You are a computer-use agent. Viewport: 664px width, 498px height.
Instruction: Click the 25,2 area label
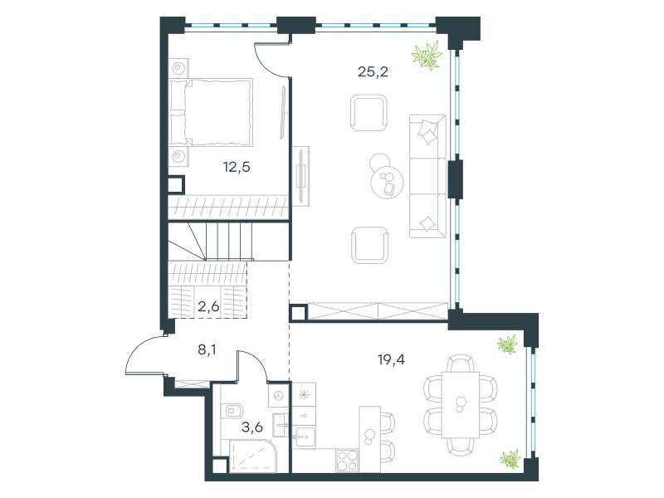[x=373, y=72]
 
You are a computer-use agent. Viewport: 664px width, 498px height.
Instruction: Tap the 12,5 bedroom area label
[x=237, y=168]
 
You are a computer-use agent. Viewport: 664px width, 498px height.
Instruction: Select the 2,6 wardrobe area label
[x=208, y=306]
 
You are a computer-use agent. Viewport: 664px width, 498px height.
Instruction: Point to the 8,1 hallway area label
[x=207, y=349]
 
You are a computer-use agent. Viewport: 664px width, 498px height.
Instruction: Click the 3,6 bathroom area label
[x=252, y=427]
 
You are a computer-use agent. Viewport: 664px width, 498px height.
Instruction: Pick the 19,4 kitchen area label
[x=391, y=360]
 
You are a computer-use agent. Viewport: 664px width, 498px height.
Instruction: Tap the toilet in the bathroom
[x=232, y=410]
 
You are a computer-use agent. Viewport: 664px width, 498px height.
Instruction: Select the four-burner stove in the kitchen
[x=347, y=461]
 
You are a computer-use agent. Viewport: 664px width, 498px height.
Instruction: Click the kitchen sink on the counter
[x=304, y=437]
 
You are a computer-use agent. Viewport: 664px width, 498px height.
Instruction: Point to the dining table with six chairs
[x=461, y=405]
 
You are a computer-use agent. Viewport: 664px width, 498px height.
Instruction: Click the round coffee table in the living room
[x=387, y=182]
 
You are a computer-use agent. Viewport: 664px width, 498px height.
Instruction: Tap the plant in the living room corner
[x=427, y=55]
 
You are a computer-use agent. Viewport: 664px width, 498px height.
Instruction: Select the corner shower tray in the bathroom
[x=253, y=456]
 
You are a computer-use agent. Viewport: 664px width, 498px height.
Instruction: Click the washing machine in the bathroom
[x=279, y=396]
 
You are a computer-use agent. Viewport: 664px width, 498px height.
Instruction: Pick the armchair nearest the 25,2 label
[x=369, y=113]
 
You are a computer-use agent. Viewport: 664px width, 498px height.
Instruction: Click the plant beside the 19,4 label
[x=508, y=344]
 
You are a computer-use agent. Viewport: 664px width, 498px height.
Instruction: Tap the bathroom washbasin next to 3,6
[x=281, y=425]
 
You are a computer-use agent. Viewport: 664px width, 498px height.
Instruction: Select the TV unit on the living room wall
[x=301, y=176]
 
